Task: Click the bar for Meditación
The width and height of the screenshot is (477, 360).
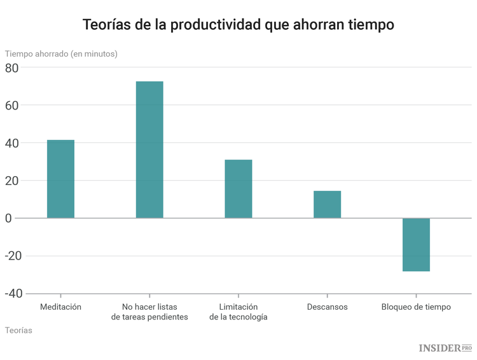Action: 60,179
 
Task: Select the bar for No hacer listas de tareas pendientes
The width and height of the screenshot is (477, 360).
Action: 149,149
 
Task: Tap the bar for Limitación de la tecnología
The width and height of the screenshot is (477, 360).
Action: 238,189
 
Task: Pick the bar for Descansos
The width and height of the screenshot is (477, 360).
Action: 327,204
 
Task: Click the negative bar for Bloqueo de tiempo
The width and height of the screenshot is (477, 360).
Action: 416,245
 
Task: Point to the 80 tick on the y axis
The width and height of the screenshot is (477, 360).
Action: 12,67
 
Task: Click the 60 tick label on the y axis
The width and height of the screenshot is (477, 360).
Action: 12,105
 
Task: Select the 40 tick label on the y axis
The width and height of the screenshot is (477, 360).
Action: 12,143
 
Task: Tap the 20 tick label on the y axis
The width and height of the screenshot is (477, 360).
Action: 12,181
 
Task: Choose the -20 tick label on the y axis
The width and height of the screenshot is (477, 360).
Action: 13,256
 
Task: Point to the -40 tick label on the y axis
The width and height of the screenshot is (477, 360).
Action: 13,293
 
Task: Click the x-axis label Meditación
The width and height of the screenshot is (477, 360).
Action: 60,307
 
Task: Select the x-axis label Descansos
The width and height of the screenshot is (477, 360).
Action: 327,307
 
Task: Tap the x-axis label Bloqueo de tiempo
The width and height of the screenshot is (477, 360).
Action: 416,307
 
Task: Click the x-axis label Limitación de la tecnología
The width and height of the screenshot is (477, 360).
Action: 238,312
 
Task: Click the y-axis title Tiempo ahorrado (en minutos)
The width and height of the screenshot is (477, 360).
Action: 61,54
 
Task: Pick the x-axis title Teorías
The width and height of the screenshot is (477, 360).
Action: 18,330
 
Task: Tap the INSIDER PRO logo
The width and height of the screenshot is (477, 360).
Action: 445,347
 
